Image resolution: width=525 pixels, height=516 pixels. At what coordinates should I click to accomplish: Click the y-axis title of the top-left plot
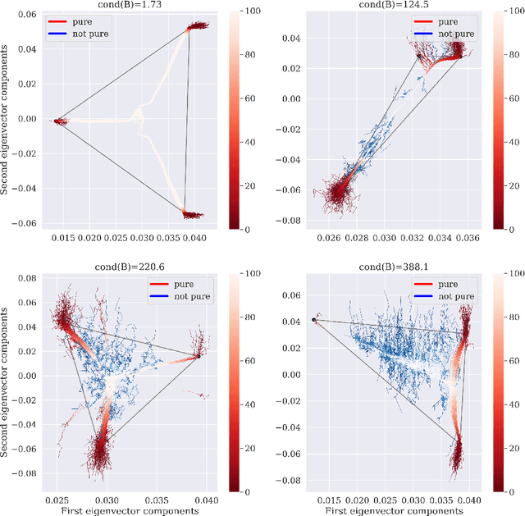coord(7,118)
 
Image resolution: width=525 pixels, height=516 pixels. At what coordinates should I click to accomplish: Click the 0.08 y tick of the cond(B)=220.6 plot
coord(28,279)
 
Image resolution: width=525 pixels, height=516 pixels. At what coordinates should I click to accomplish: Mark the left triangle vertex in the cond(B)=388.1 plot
coord(313,320)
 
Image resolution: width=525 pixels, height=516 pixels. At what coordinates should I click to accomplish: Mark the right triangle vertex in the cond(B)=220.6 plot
coord(199,356)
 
